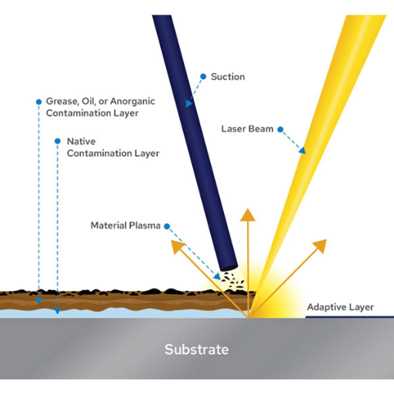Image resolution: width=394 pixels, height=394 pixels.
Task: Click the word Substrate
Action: [197, 349]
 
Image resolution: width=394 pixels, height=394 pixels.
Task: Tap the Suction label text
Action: [228, 77]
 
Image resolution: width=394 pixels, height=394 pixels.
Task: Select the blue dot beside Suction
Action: [203, 76]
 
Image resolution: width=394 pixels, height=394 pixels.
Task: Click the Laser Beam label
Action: [247, 129]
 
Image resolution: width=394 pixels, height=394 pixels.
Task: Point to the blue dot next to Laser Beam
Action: [280, 129]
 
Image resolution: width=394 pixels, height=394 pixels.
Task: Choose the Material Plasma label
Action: [125, 225]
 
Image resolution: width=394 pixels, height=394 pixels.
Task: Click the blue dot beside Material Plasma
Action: [167, 226]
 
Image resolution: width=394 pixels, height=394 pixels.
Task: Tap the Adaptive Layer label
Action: [340, 307]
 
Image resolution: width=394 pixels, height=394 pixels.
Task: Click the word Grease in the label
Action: [62, 102]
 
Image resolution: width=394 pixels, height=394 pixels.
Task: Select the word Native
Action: [81, 142]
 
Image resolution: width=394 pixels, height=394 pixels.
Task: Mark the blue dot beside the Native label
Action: [58, 141]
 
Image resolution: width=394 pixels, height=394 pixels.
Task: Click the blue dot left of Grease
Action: [38, 102]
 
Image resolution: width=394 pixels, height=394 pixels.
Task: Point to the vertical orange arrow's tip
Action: [248, 209]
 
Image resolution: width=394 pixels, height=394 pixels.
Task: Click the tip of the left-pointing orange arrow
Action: [172, 241]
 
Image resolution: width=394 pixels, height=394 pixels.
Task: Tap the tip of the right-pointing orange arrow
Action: [326, 239]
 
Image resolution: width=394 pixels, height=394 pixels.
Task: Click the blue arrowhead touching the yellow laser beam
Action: [302, 151]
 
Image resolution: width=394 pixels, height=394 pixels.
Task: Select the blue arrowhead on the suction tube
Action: [189, 103]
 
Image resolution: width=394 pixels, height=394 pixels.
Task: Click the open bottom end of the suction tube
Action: [229, 268]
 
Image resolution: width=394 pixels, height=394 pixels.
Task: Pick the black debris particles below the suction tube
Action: [232, 280]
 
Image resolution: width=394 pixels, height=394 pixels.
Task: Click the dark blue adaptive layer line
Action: [349, 317]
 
